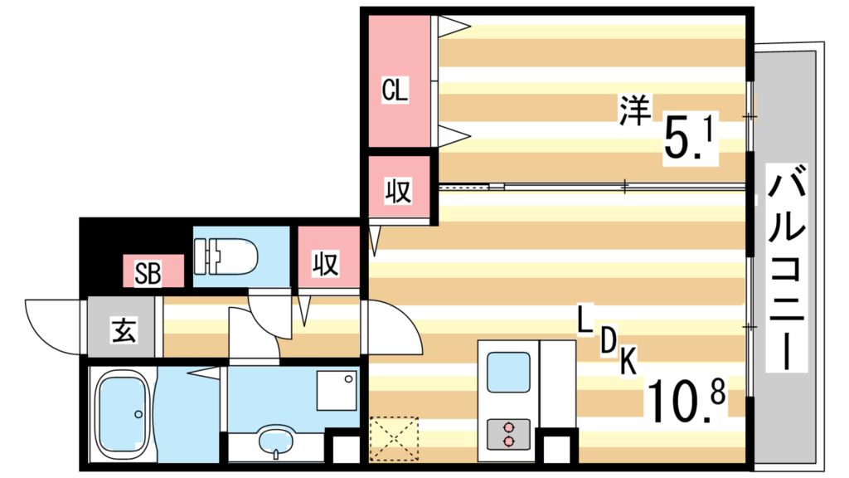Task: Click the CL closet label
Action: tap(395, 90)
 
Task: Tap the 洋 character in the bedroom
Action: tap(634, 110)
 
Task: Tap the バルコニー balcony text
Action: tap(784, 270)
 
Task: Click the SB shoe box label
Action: tap(148, 272)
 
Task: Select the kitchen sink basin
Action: tap(507, 371)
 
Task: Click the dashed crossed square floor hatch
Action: tap(394, 437)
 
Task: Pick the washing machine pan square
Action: tap(337, 389)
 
